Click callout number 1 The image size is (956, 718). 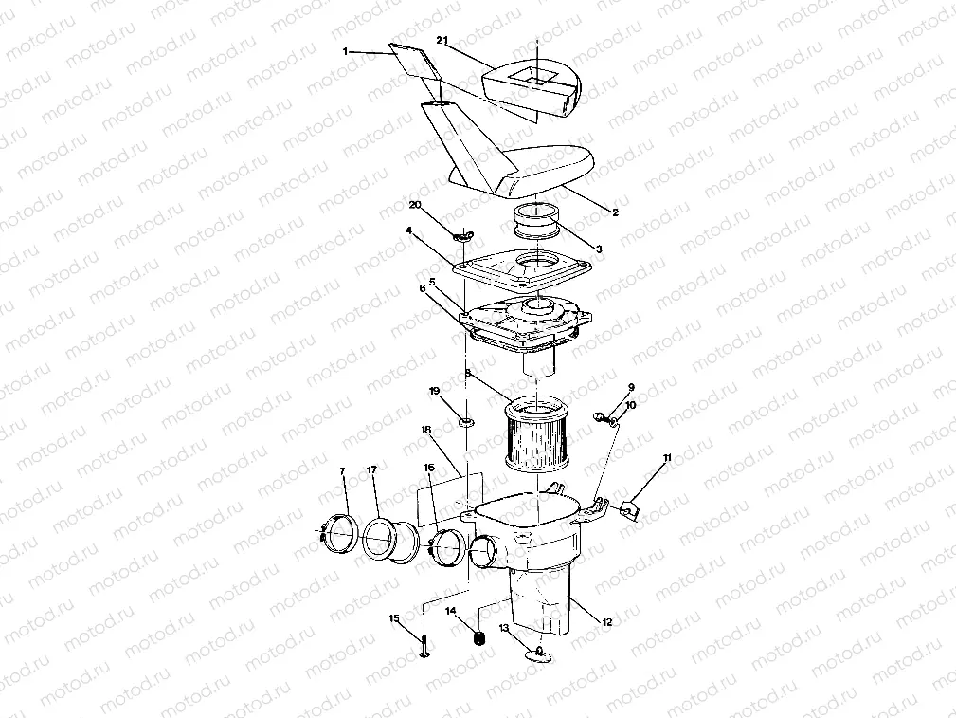[346, 50]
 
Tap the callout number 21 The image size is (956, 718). [442, 41]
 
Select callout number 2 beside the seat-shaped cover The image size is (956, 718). [615, 212]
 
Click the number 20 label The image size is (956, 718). [414, 205]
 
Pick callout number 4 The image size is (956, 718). [408, 230]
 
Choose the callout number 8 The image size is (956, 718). [467, 374]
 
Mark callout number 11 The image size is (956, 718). [667, 458]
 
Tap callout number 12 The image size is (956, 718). [607, 622]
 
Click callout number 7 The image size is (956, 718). [343, 471]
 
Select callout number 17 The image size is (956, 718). [372, 470]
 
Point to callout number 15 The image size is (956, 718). [394, 619]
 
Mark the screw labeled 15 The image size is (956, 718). [424, 648]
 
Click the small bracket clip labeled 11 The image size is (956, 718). [628, 509]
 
